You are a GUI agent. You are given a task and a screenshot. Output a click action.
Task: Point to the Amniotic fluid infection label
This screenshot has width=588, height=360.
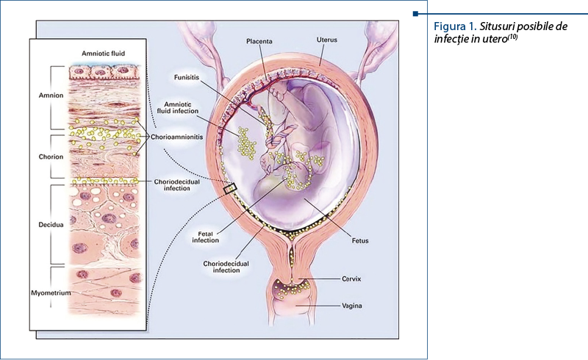[179, 109]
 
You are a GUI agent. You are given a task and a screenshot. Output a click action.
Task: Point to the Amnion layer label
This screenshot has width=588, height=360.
[51, 96]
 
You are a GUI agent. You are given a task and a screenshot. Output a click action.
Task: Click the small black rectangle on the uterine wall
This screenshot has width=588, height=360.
[230, 190]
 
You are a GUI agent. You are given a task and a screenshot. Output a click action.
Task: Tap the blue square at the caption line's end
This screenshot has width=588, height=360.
[416, 14]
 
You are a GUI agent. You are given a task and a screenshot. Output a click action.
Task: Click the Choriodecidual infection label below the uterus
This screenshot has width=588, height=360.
[222, 266]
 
